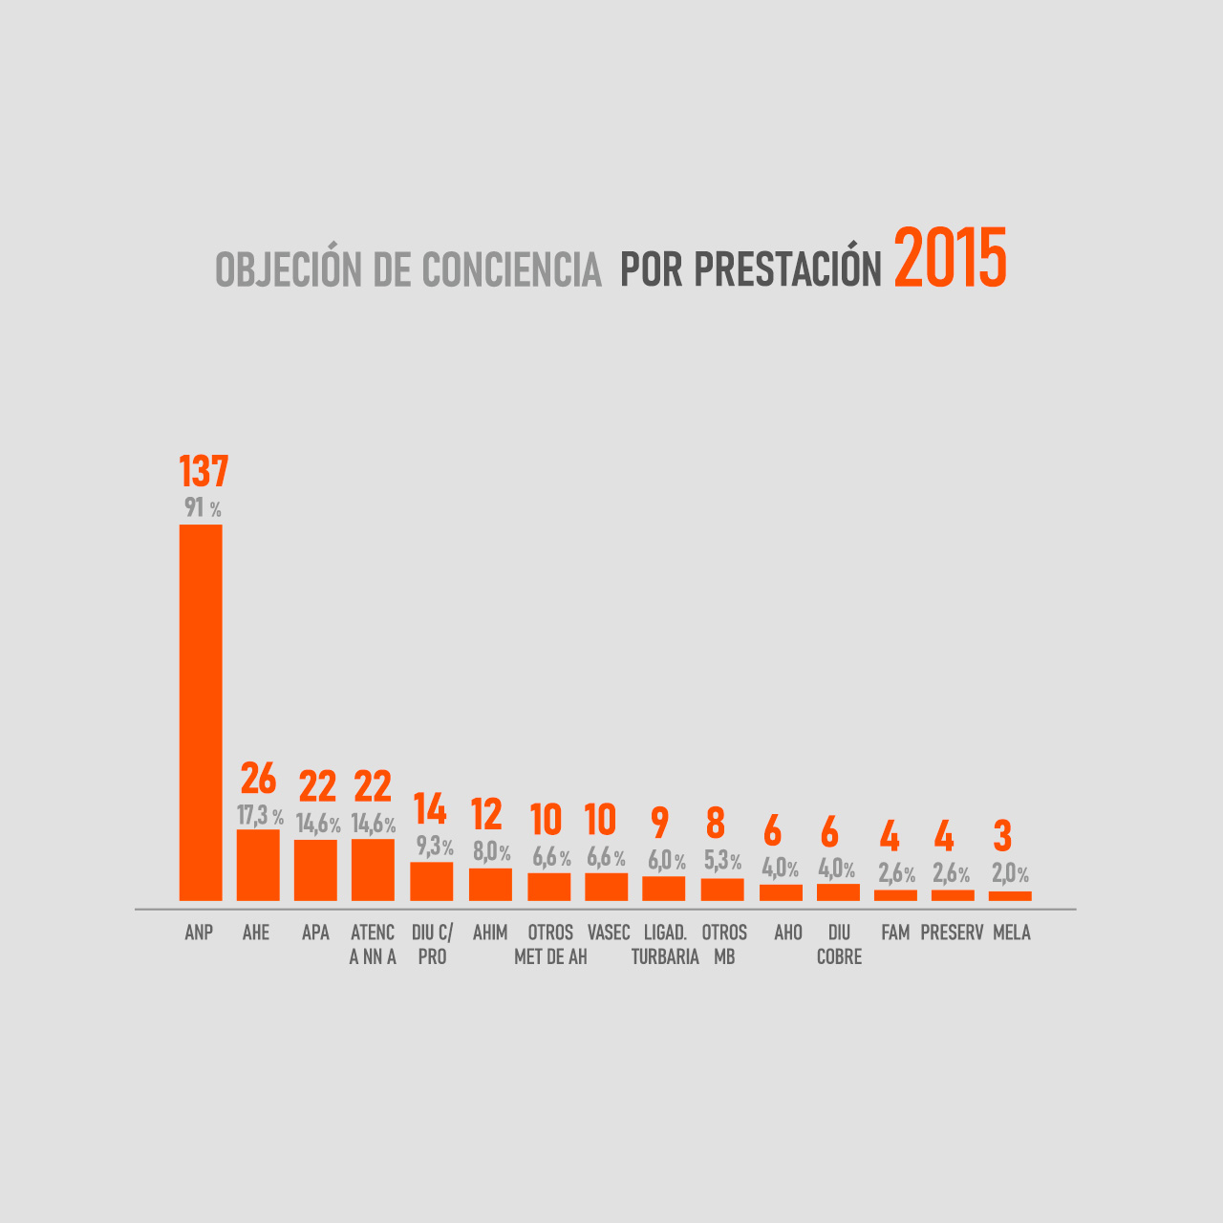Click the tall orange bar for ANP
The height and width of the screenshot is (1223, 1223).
(201, 712)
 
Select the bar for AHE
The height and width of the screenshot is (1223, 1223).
(258, 865)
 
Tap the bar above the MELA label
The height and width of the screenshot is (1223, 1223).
(1010, 895)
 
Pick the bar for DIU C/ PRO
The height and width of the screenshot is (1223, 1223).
(431, 881)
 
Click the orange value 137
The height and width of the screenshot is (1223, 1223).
(204, 472)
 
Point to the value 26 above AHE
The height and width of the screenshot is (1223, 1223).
(258, 780)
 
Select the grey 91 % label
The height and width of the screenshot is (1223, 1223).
(203, 508)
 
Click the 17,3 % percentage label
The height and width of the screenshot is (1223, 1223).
(260, 816)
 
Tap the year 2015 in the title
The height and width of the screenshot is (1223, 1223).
(950, 260)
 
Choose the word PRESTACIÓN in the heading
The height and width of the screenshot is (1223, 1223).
(787, 270)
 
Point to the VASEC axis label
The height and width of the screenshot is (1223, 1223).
(609, 933)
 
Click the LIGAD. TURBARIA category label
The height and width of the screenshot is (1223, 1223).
(665, 944)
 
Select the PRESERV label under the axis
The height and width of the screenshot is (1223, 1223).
(952, 933)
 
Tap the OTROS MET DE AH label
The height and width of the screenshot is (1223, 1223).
(550, 944)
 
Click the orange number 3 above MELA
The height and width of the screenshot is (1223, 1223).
(1002, 836)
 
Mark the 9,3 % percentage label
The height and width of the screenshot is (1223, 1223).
(435, 847)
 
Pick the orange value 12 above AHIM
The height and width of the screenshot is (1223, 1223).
(486, 815)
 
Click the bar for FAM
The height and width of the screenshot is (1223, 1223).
(895, 895)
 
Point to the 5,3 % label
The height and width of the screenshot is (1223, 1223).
(722, 861)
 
